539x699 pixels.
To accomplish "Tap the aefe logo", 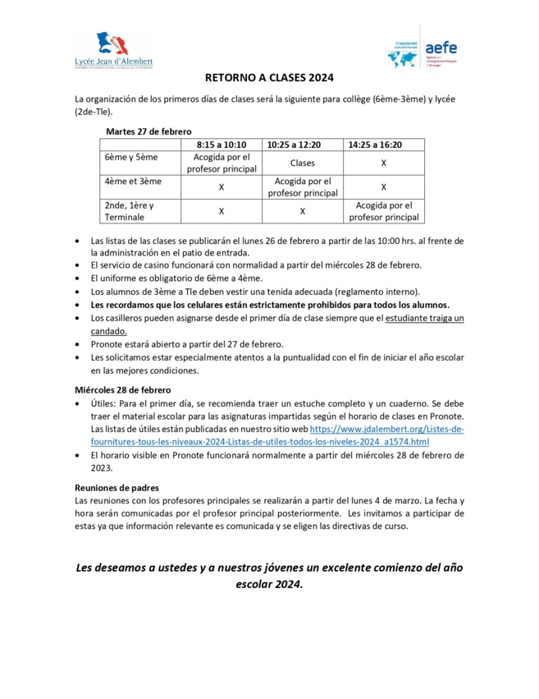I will point(422,52).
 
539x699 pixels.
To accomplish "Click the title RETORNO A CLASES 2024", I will point(269,79).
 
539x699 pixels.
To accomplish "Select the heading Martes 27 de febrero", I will point(148,131).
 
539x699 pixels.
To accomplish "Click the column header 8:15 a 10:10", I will point(221,145).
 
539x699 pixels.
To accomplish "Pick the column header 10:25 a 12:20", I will point(302,145).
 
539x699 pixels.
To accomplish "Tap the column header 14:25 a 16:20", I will point(383,145).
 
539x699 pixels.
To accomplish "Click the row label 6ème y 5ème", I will point(131,157).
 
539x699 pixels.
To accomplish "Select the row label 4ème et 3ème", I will point(133,182).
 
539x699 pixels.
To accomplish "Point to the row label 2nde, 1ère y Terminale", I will point(129,211).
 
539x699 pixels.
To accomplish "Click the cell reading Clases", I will point(302,163).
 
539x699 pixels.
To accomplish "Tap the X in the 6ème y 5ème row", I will point(383,163).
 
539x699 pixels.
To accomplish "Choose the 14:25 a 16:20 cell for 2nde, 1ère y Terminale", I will point(383,211).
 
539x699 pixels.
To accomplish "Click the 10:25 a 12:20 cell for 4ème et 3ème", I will point(302,187).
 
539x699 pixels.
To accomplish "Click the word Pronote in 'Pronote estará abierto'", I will point(106,344).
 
